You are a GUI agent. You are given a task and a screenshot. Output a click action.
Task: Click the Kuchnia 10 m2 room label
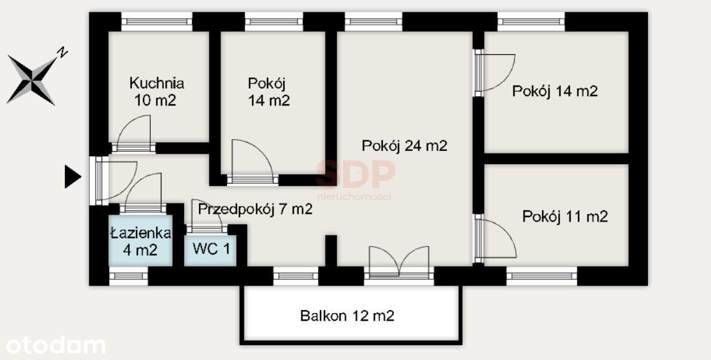tap(156, 92)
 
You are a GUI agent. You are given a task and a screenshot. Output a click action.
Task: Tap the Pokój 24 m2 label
tap(405, 145)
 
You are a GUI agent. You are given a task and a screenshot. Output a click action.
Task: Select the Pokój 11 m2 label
tap(564, 216)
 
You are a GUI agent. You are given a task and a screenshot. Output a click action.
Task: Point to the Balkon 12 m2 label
tap(347, 316)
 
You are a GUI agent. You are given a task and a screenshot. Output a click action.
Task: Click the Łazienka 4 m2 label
tap(140, 241)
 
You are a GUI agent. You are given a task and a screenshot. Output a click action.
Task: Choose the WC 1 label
tap(211, 249)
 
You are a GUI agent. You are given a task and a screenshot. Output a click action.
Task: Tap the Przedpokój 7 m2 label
tap(255, 209)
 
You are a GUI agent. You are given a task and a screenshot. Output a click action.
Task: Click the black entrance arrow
tap(72, 177)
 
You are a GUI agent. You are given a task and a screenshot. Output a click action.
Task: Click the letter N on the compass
tap(62, 52)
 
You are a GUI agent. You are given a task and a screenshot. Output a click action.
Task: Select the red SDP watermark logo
tap(356, 175)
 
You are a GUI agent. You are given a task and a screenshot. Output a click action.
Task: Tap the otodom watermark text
tap(56, 346)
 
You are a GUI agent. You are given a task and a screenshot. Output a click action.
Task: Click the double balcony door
tap(399, 261)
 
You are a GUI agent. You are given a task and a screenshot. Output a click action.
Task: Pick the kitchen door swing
tap(133, 132)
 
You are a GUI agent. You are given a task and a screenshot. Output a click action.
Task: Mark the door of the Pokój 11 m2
tap(495, 239)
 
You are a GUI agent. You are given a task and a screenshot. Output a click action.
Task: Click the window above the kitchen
tap(157, 21)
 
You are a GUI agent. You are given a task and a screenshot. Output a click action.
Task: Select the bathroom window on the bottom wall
tap(128, 276)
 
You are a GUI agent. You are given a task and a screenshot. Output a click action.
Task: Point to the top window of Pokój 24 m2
tap(374, 21)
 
